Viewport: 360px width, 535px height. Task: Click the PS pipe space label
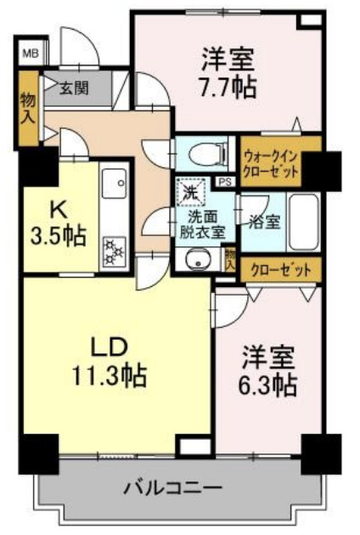click(225, 182)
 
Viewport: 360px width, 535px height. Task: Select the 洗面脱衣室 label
click(200, 222)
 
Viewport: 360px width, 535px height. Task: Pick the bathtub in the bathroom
click(302, 221)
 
